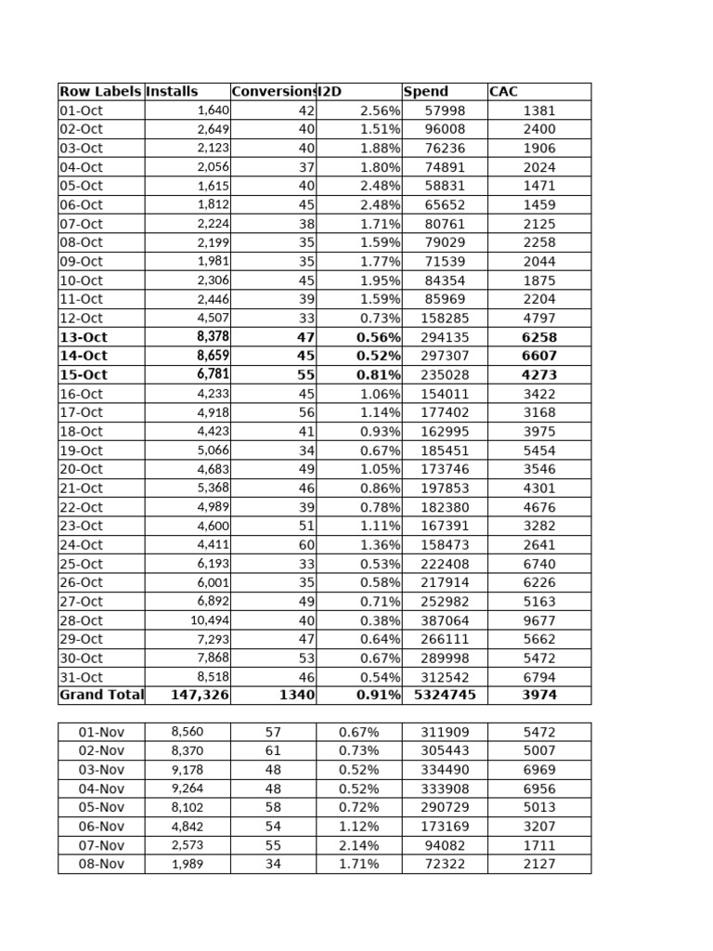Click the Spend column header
426,92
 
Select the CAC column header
503,92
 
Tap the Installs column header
173,92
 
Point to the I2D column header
330,92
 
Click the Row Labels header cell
100,92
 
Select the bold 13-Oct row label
84,337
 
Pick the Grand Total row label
101,695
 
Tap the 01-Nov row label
101,732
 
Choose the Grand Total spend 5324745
445,695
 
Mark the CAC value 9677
539,619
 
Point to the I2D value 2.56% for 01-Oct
380,111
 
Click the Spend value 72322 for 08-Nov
445,864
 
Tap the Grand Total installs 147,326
200,695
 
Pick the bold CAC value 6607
539,356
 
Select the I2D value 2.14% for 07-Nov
359,845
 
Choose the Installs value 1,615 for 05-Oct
213,186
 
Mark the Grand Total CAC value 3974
539,695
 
